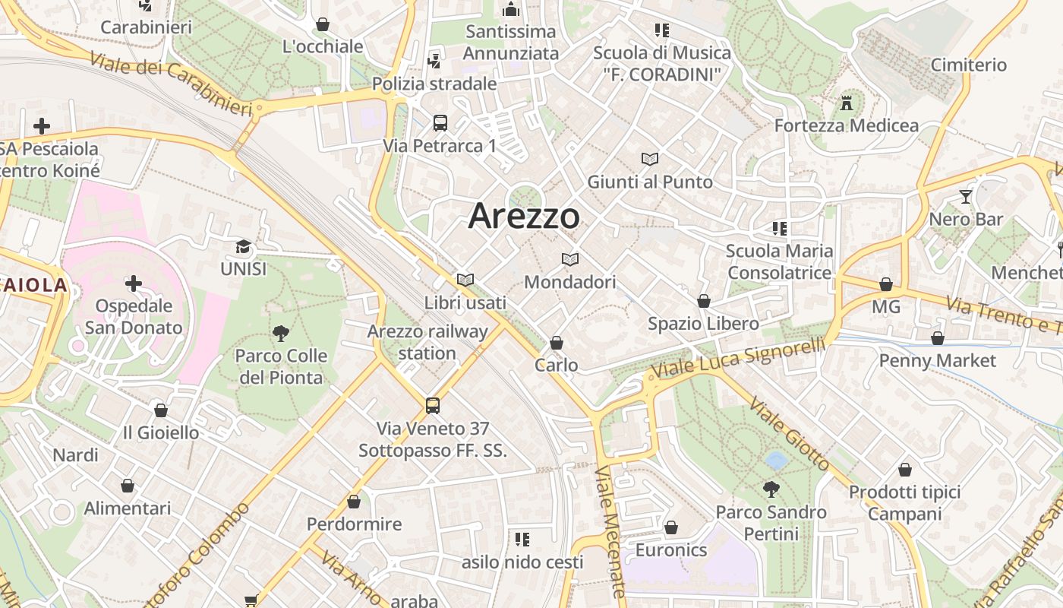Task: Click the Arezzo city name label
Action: (x=524, y=217)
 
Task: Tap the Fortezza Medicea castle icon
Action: (x=847, y=103)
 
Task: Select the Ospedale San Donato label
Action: (x=134, y=317)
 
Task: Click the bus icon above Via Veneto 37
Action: (x=432, y=405)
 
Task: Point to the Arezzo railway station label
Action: (x=427, y=342)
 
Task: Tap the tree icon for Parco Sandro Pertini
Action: (x=771, y=489)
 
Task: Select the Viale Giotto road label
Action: (x=790, y=432)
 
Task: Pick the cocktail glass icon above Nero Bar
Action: (x=966, y=197)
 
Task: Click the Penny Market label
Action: (x=937, y=360)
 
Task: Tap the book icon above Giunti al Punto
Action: (x=650, y=159)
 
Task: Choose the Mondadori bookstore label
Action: (x=570, y=282)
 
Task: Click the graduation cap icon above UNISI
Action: (x=243, y=246)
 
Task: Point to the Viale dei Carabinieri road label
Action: (x=171, y=84)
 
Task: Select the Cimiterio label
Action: (x=968, y=65)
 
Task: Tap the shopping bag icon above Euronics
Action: (x=670, y=527)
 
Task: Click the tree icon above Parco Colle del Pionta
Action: (x=281, y=333)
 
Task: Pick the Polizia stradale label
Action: (x=434, y=84)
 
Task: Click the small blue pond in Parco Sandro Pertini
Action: (x=776, y=460)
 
